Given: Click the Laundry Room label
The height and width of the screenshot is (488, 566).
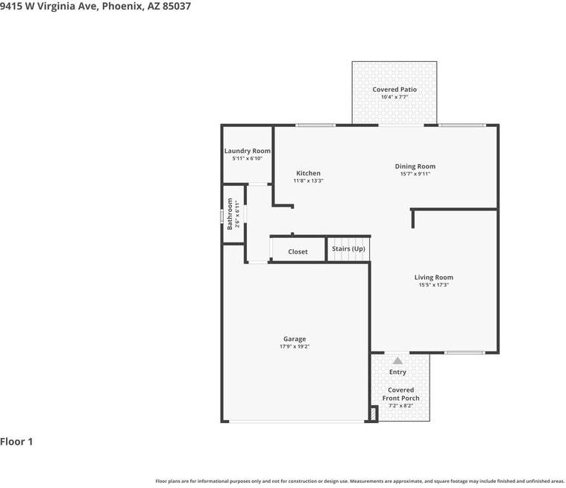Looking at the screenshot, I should click(x=247, y=151).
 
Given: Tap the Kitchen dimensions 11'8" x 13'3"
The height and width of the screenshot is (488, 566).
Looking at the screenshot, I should click(x=308, y=181).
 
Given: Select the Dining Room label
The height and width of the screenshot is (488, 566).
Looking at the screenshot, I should click(x=415, y=166).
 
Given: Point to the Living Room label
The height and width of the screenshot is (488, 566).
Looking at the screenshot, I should click(x=433, y=278).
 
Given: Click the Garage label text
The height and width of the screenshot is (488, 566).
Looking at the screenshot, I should click(x=294, y=339).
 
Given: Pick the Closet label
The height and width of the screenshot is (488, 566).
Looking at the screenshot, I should click(x=298, y=251).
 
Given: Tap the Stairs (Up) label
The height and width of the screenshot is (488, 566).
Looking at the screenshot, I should click(x=348, y=248).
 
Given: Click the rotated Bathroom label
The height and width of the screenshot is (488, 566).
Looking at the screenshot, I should click(x=230, y=213).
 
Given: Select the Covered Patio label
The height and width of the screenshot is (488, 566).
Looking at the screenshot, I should click(x=394, y=90).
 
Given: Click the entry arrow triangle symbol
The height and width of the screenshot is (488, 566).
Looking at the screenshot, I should click(x=398, y=360).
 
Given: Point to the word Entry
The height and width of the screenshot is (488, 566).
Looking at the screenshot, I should click(x=397, y=372).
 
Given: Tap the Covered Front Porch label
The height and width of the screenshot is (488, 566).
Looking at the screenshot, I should click(x=400, y=394).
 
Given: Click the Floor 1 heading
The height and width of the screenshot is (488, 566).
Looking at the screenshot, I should click(x=16, y=442).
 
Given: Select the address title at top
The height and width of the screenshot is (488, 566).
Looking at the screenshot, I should click(x=95, y=6).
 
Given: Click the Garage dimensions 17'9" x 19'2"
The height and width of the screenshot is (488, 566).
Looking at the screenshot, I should click(x=294, y=346).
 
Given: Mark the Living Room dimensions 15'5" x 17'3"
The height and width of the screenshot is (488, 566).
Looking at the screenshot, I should click(x=433, y=284).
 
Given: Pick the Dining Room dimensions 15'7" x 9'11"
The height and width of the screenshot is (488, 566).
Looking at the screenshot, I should click(x=415, y=174).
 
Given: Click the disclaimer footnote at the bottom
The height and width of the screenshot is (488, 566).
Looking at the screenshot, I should click(x=359, y=481).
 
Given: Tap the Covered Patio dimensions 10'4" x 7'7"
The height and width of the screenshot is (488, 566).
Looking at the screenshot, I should click(x=394, y=97).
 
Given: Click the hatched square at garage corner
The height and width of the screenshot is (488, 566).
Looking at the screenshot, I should click(x=374, y=413).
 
